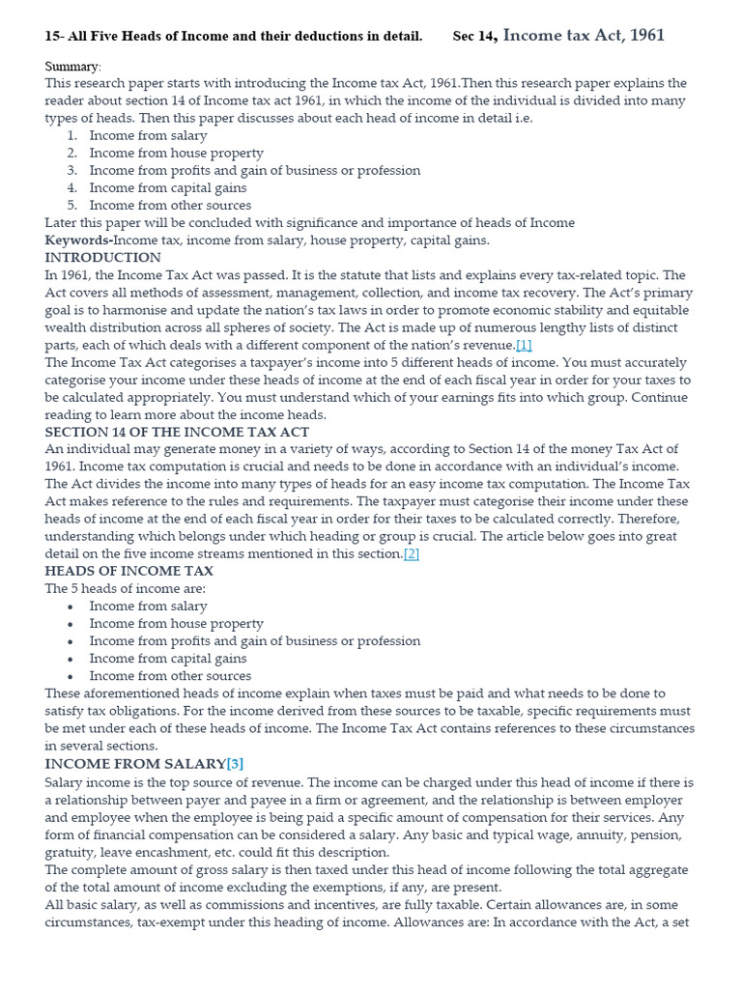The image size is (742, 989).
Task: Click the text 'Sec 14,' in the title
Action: point(474,37)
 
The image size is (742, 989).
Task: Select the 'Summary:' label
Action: point(72,66)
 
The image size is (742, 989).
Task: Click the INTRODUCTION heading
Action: point(102,258)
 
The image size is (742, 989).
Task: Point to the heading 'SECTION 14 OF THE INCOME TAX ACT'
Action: point(177,432)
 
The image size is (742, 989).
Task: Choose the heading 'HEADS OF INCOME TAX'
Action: point(128,571)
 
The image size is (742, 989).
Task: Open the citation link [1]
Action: point(524,345)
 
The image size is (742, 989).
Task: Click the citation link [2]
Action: point(411,553)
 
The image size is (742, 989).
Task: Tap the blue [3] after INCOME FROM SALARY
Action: point(235,764)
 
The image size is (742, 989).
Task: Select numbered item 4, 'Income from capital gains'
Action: point(167,187)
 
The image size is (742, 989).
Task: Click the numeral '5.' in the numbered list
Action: point(71,205)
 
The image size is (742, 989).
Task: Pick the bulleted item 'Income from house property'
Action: point(176,623)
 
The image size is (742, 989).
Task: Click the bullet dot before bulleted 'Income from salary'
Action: point(71,607)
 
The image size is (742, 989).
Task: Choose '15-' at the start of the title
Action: point(55,37)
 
